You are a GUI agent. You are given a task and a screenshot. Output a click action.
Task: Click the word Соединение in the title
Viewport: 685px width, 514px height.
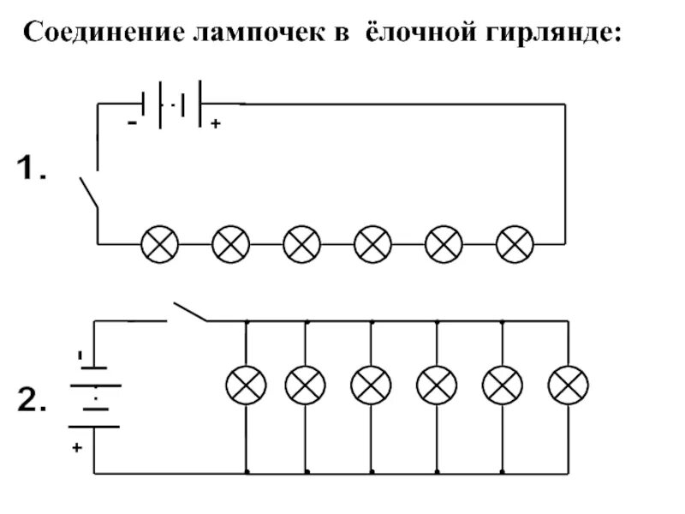coord(101,34)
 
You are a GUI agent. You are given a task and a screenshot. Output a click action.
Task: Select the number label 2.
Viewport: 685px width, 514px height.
coord(33,401)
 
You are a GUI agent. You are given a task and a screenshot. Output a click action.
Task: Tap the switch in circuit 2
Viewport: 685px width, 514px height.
coord(190,312)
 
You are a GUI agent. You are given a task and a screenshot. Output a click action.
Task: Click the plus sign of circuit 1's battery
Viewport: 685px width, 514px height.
coord(215,125)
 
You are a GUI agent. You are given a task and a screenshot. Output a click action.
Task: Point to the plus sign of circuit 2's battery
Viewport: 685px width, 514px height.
coord(76,447)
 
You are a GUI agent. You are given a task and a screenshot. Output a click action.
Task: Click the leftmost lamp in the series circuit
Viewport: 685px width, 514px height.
coord(159,244)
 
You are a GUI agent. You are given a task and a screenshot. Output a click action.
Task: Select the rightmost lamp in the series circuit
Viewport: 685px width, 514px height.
coord(515,244)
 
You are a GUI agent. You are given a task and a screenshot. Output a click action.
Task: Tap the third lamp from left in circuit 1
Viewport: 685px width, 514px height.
coord(301,244)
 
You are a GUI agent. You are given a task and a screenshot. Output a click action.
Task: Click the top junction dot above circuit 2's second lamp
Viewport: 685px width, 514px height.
coord(307,321)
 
